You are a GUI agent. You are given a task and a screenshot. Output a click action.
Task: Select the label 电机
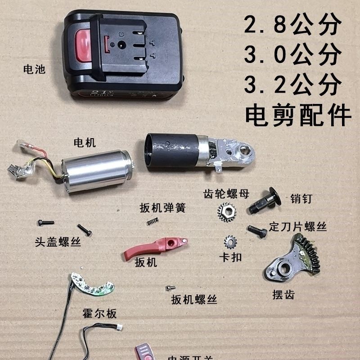click(85, 143)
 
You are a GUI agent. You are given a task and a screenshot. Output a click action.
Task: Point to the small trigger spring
click(153, 221)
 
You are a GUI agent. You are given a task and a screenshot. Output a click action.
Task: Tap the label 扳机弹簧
click(162, 208)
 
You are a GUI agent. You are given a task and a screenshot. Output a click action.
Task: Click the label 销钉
click(301, 198)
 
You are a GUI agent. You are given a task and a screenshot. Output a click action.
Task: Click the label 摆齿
click(283, 295)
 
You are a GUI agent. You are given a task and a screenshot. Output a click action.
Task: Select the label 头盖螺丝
click(58, 242)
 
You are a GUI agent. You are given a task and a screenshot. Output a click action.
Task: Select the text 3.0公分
click(292, 54)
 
